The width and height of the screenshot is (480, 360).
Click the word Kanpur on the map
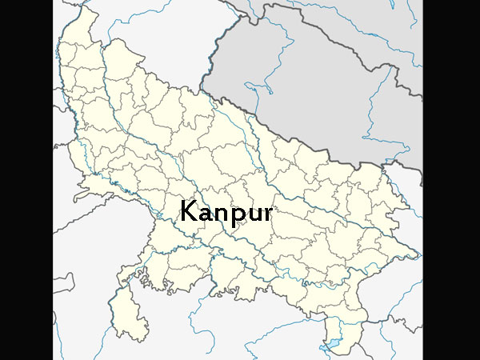(226, 213)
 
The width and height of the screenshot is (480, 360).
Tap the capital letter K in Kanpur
(189, 211)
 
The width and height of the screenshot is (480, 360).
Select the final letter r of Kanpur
(267, 214)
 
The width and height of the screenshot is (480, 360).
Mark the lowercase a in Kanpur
(206, 214)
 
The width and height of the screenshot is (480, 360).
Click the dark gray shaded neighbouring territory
(320, 88)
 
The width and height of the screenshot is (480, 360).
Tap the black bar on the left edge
(26, 180)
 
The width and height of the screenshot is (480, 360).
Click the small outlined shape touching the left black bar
(64, 284)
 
